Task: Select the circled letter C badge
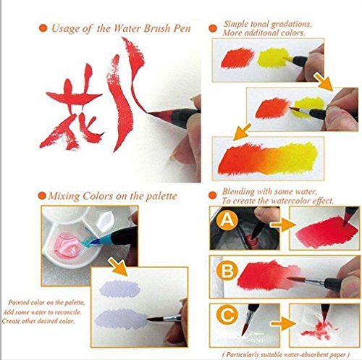[227, 316]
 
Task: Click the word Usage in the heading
[65, 28]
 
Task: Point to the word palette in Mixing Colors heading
[161, 196]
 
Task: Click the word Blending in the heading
[238, 192]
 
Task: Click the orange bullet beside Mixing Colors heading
[42, 196]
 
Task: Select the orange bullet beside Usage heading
[43, 28]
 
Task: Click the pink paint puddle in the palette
[66, 245]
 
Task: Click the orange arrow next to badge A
[283, 225]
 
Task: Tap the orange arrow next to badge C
[283, 324]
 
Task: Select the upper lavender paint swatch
[120, 289]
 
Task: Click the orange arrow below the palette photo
[118, 267]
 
